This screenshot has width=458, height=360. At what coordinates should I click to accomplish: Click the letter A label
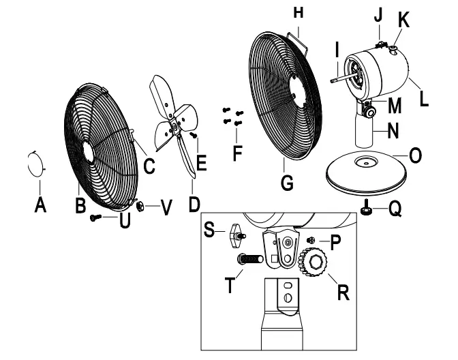tap(40, 205)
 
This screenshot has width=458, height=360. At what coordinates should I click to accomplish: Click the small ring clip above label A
tap(35, 164)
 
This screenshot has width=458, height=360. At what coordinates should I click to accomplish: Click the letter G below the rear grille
tap(288, 182)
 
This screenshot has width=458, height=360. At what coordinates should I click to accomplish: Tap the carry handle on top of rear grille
tap(294, 34)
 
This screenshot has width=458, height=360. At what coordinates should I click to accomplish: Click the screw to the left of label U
tap(97, 217)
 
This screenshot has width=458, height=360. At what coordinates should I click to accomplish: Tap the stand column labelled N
tap(364, 130)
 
